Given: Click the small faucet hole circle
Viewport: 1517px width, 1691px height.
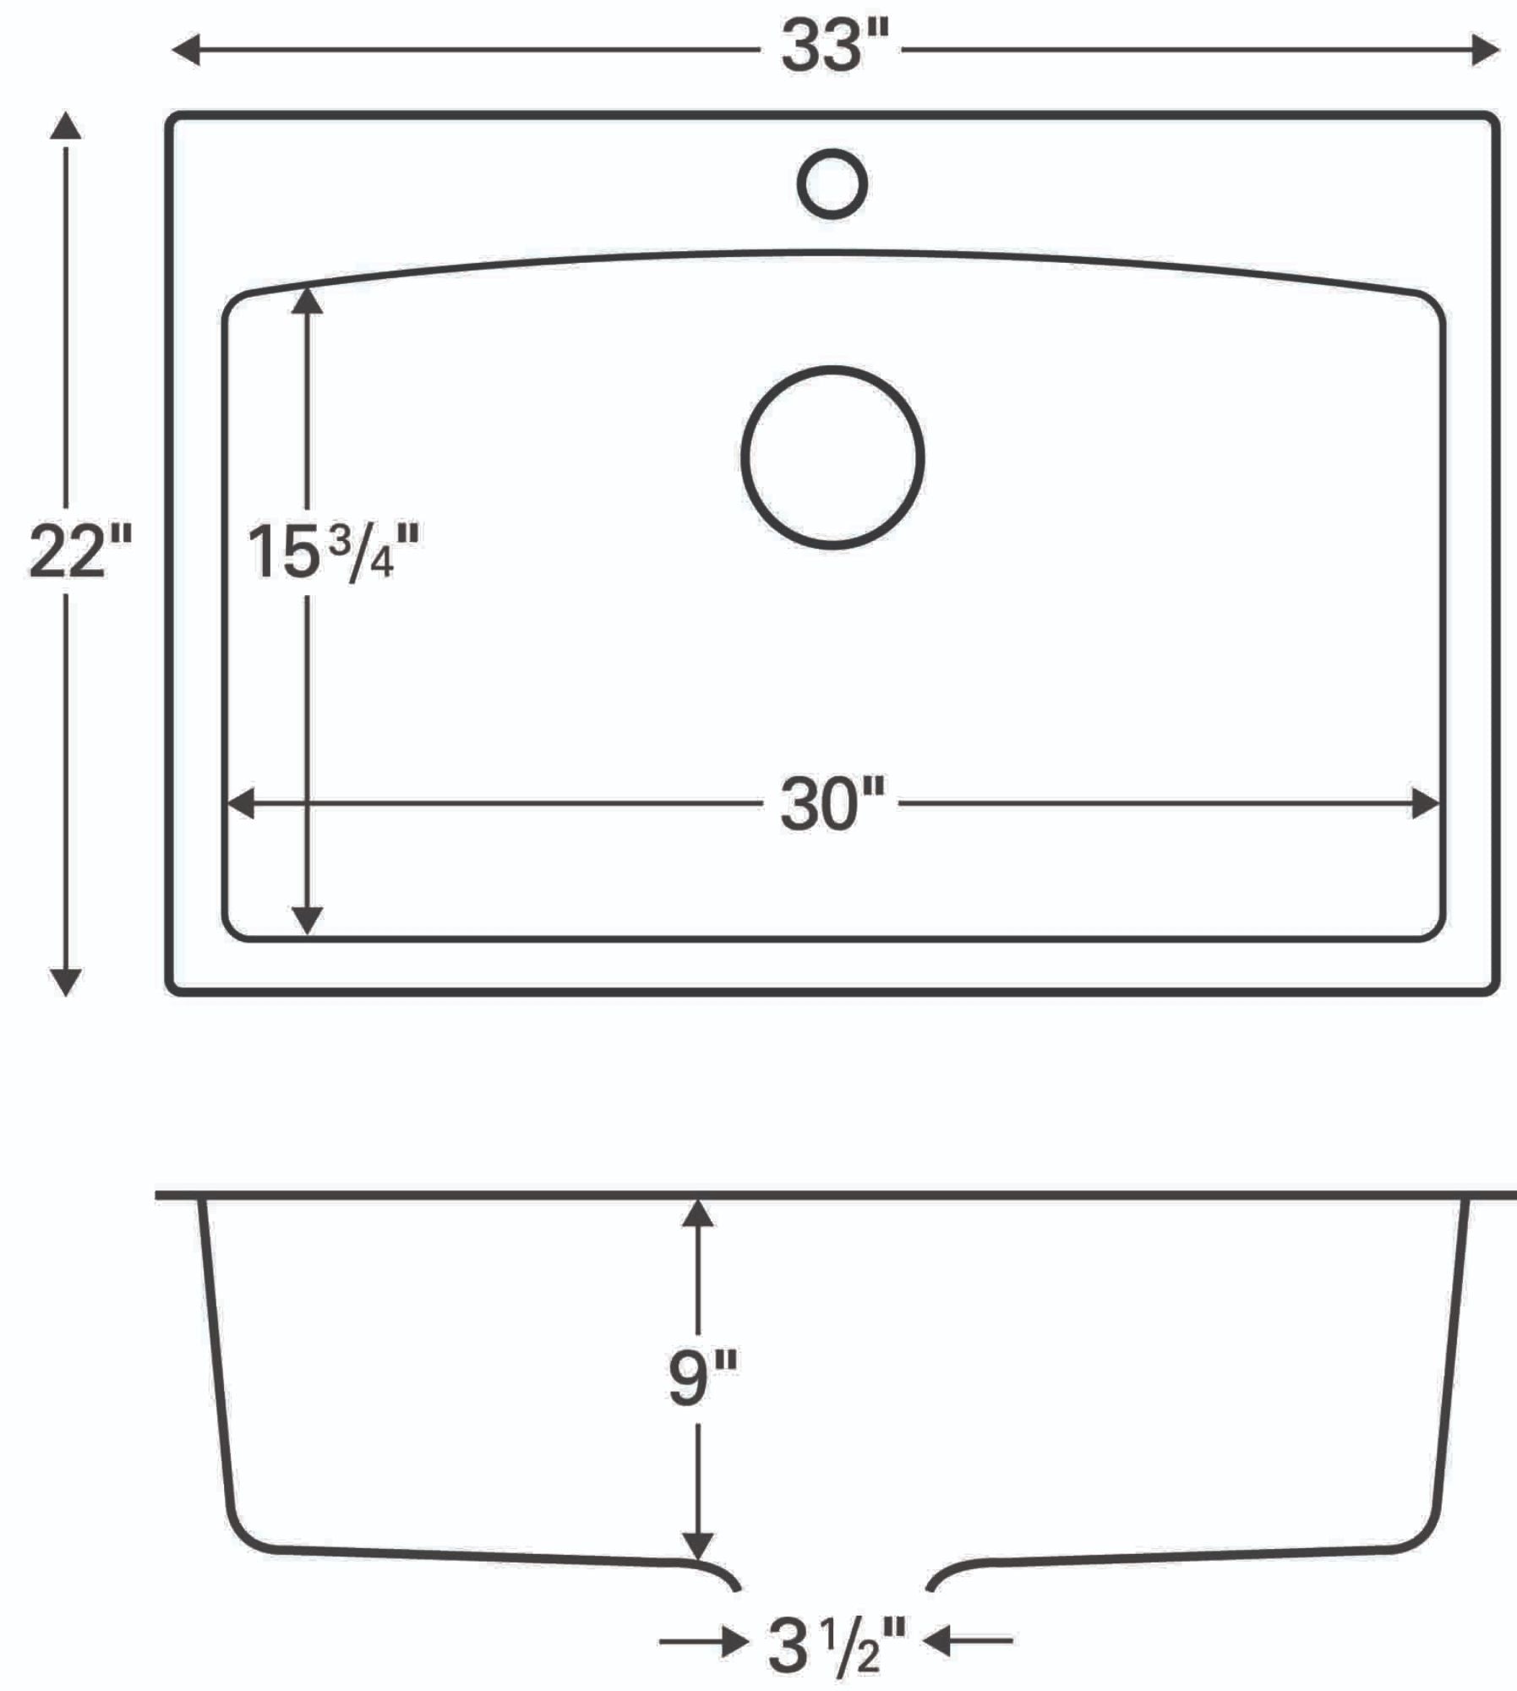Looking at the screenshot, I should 832,183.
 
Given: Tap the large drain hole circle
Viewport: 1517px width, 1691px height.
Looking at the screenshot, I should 832,457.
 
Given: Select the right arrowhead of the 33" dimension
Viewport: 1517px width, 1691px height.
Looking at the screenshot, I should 1484,50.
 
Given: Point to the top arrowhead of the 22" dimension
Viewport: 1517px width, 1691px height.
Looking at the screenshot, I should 66,127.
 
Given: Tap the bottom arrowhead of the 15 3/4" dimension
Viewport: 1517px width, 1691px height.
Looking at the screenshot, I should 307,920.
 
